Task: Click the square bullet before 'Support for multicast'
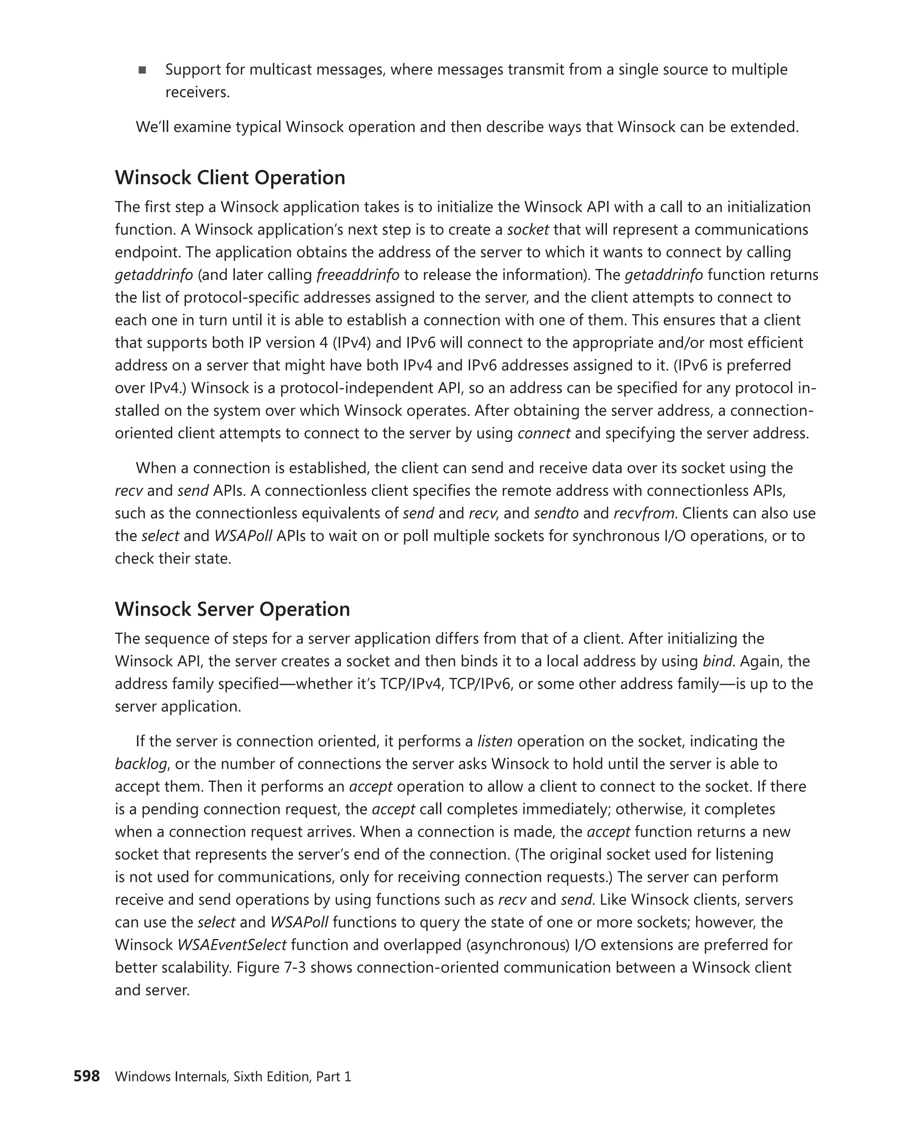tap(142, 70)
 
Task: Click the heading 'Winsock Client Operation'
tap(230, 177)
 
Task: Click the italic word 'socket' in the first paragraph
tap(527, 229)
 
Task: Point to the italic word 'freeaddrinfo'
tap(358, 275)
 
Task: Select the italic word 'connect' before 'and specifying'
tap(543, 433)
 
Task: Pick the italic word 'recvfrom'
tap(643, 513)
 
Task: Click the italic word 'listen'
tap(494, 741)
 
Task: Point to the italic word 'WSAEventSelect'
tap(231, 945)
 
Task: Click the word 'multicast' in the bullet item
tap(280, 70)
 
